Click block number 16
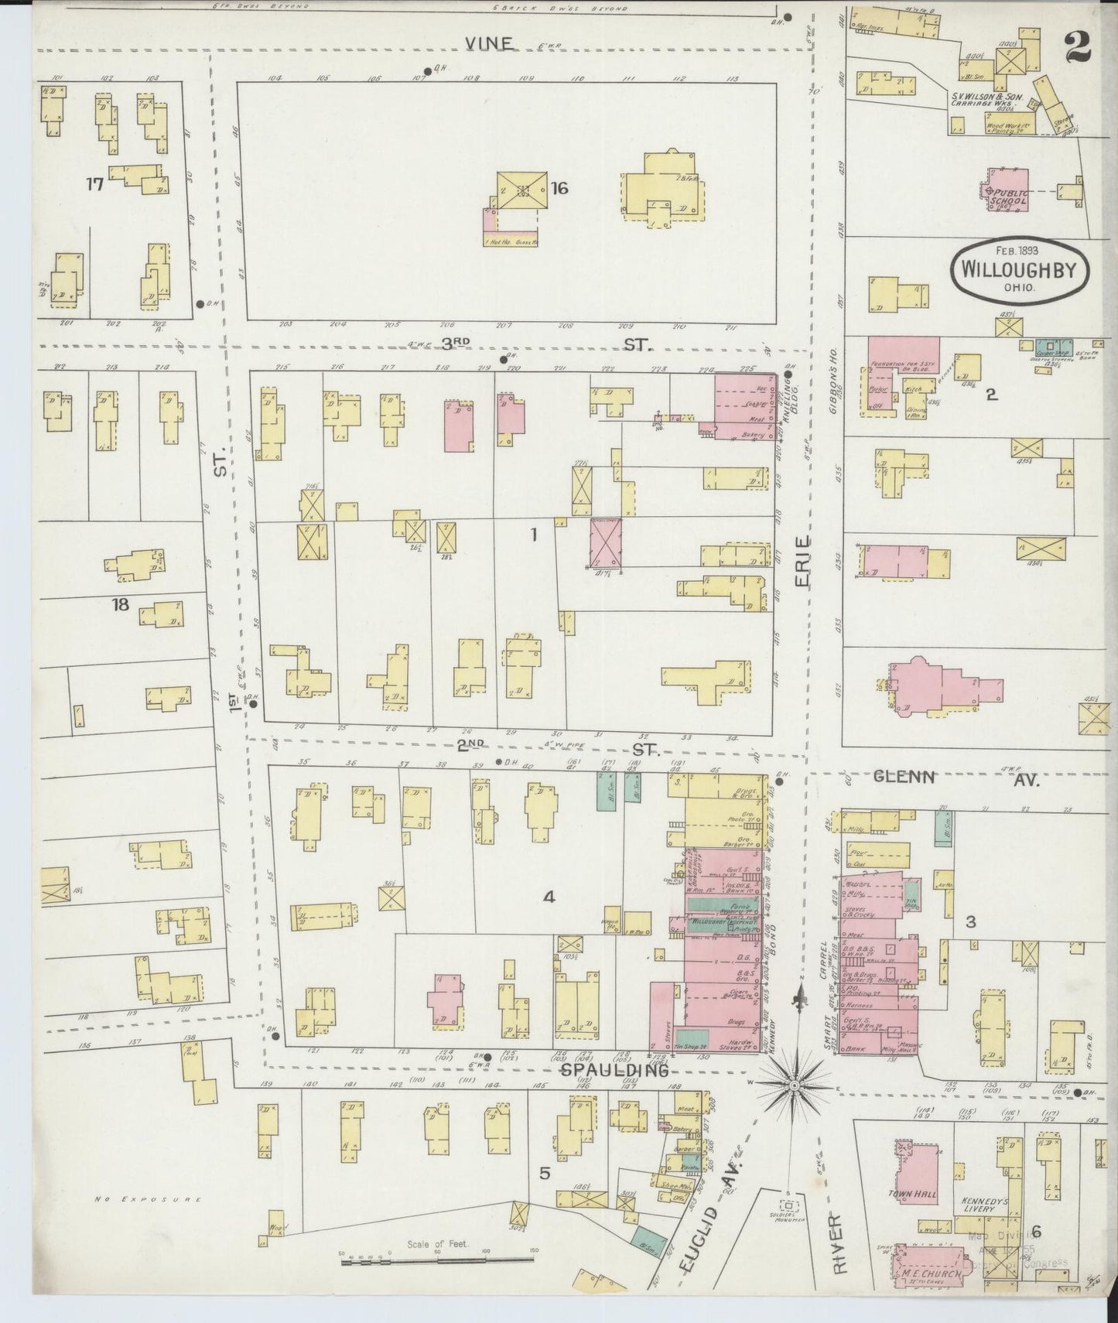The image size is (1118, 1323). pyautogui.click(x=560, y=186)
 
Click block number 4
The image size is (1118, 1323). pyautogui.click(x=548, y=897)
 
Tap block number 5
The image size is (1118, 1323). pyautogui.click(x=545, y=1173)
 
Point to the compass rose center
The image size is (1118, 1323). pyautogui.click(x=794, y=1086)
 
